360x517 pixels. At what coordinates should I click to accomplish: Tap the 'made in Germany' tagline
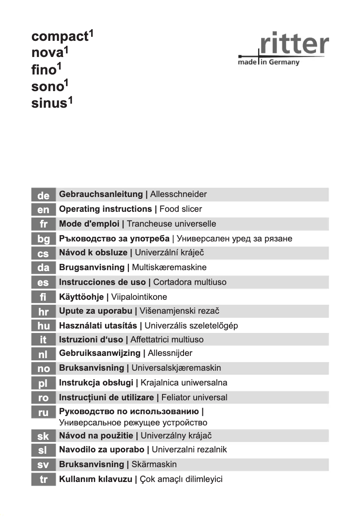pyautogui.click(x=268, y=62)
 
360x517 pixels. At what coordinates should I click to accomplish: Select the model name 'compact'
pyautogui.click(x=59, y=37)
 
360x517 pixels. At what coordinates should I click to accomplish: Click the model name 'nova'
pyautogui.click(x=47, y=53)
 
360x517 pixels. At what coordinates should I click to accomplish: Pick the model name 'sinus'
pyautogui.click(x=49, y=104)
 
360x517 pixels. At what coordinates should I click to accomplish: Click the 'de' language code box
pyautogui.click(x=43, y=195)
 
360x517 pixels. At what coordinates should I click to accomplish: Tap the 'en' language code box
pyautogui.click(x=43, y=209)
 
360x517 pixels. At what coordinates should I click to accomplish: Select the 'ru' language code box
pyautogui.click(x=43, y=412)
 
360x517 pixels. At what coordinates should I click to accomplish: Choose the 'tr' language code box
pyautogui.click(x=43, y=479)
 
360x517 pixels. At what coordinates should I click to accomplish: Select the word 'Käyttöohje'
pyautogui.click(x=81, y=297)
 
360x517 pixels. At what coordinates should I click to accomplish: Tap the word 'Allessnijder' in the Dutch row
pyautogui.click(x=170, y=354)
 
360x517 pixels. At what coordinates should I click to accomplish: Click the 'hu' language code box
pyautogui.click(x=43, y=325)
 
